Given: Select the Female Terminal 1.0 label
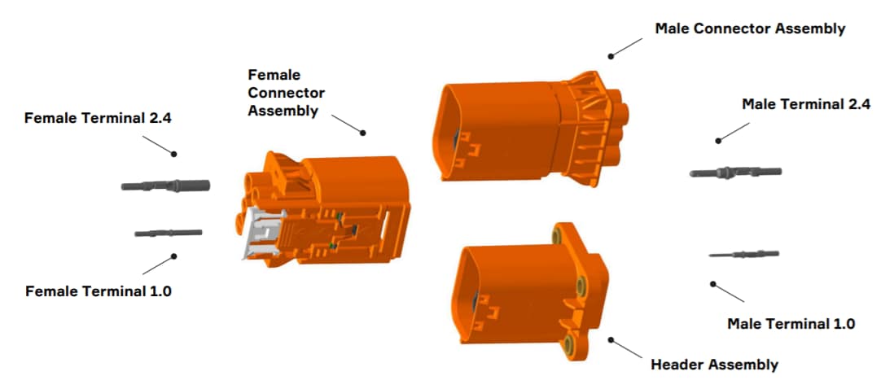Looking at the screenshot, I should pos(99,291).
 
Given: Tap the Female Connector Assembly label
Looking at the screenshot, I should pos(287,93).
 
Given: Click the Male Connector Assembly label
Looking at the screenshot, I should pos(750,28).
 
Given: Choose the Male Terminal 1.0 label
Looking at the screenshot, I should pos(791,323).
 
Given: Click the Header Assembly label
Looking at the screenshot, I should pos(714,365).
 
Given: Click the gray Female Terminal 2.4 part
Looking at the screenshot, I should pos(166,186).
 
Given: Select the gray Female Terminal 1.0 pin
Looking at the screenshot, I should pos(168,234).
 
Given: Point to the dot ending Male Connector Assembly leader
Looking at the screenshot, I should pos(611,55).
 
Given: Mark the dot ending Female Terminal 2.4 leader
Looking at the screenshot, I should pos(173,153).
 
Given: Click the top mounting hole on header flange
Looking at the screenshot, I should pos(558,236).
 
